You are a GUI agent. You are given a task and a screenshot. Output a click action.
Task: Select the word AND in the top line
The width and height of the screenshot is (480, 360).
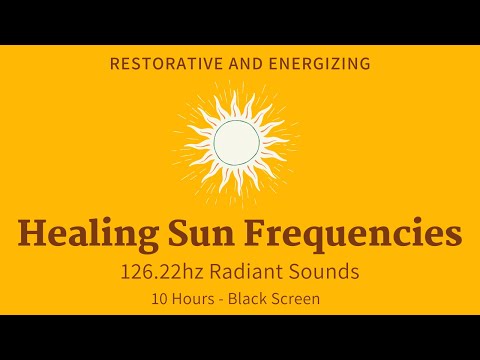pos(243,64)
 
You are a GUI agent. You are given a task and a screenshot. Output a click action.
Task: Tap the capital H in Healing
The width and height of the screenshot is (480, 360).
pos(31,234)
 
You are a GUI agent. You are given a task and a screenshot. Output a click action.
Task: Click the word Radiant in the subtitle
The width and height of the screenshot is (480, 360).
pos(266,271)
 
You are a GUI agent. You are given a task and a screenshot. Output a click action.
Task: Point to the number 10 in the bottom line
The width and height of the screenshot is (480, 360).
pos(156,297)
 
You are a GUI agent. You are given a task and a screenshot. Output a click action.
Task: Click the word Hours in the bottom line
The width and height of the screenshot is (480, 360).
pos(191,297)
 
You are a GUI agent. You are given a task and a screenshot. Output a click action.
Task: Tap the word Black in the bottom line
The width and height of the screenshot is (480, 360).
pos(249,297)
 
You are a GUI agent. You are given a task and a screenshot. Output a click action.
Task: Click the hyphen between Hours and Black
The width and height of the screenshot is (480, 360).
pos(221,298)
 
